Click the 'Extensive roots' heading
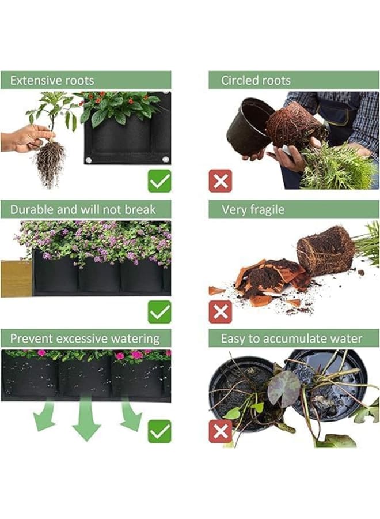click(x=52, y=80)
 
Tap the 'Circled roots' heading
click(x=256, y=80)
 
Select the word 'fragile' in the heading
click(x=267, y=209)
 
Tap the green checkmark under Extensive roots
click(x=159, y=180)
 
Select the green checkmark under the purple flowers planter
click(x=159, y=312)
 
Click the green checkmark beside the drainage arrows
click(x=159, y=431)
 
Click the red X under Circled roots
click(x=221, y=180)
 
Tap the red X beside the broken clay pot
click(x=221, y=312)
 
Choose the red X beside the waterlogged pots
click(x=221, y=431)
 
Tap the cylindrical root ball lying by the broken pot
click(x=325, y=250)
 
